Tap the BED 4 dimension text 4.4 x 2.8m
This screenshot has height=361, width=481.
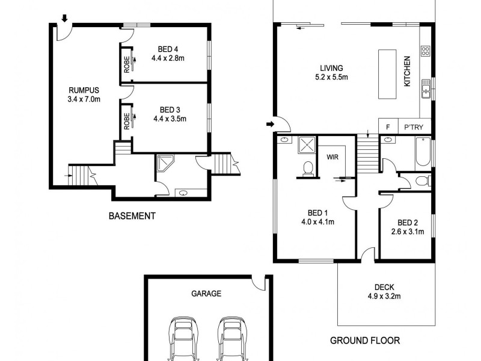[168, 58]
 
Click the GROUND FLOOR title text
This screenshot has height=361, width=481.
[365, 341]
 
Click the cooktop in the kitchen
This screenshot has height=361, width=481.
[426, 51]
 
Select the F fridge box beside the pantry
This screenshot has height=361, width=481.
[388, 127]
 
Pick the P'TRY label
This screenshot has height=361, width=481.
[413, 127]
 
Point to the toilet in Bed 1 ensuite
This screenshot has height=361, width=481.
[308, 169]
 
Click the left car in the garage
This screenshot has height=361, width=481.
[181, 339]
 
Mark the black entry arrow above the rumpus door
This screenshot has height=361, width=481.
[64, 17]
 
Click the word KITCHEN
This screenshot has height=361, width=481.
[407, 71]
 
